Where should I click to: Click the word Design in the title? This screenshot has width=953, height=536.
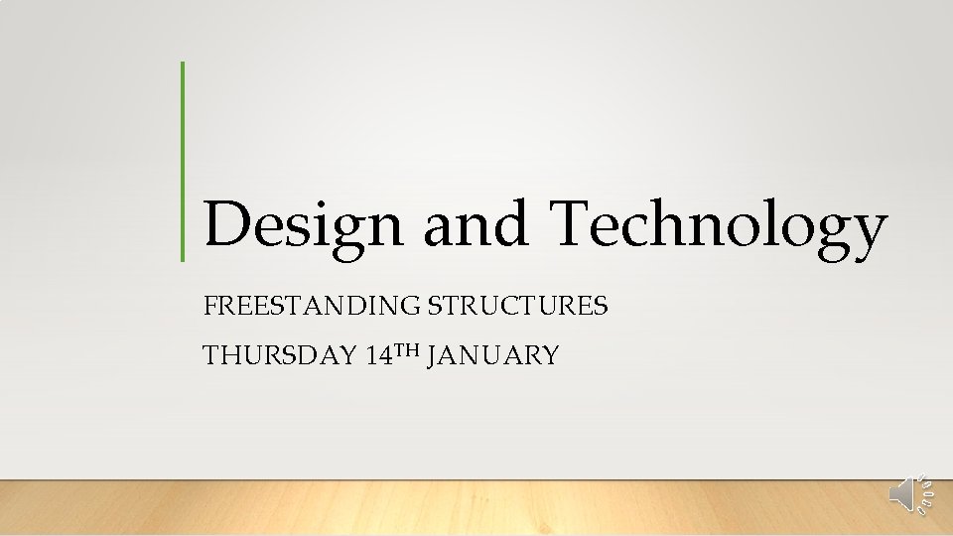[303, 224]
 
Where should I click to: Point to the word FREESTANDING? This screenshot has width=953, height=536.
[312, 306]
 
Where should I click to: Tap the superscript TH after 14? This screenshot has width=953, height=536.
[408, 349]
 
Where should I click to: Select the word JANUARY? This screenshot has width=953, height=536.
[492, 355]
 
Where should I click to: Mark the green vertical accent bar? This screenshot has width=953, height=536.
[183, 161]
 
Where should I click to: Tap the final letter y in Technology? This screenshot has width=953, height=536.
[867, 232]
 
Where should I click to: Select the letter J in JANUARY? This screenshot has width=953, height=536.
[434, 356]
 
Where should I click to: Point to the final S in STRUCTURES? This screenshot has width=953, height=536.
[601, 306]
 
